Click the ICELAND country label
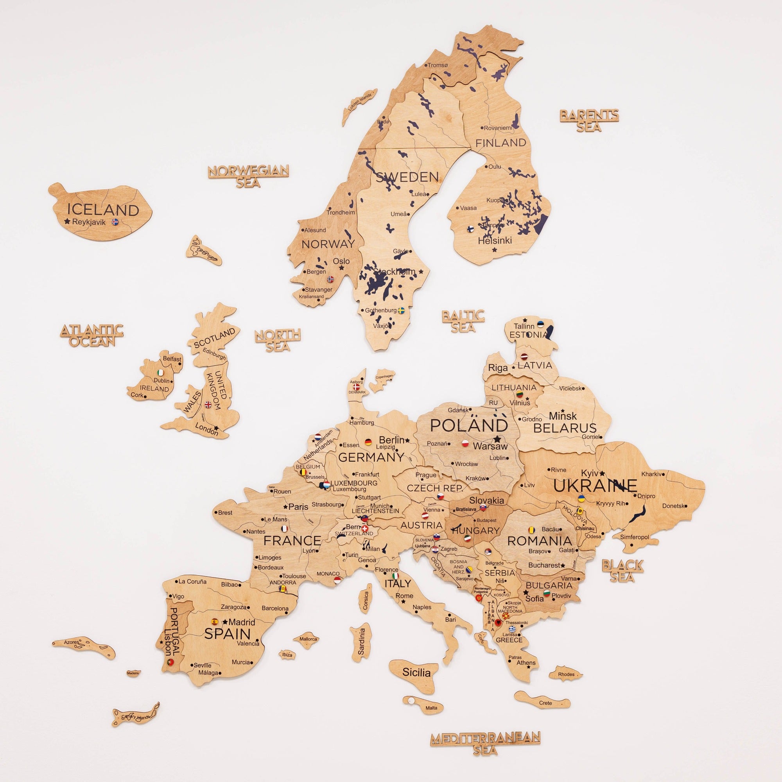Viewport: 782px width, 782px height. click(103, 210)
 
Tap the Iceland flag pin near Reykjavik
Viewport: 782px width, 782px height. click(115, 222)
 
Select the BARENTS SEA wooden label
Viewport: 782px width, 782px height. click(589, 120)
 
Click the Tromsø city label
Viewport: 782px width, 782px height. click(438, 65)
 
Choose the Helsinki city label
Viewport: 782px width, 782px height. click(495, 240)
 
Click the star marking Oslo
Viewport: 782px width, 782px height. click(342, 267)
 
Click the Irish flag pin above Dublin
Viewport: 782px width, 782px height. click(161, 372)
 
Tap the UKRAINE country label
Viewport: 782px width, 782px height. click(595, 486)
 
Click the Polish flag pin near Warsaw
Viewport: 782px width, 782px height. click(465, 443)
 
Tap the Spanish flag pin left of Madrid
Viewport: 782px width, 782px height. click(215, 621)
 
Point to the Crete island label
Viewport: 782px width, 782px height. click(545, 703)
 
